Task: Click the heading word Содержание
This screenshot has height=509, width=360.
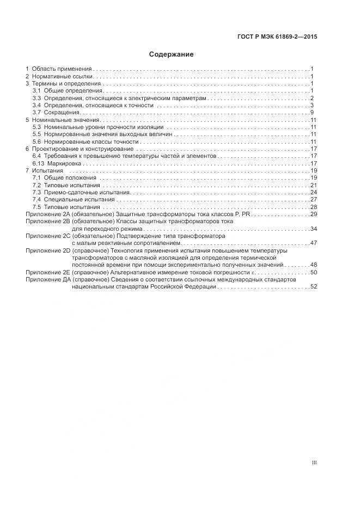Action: coord(172,54)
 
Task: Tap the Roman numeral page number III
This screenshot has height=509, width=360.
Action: coord(314,462)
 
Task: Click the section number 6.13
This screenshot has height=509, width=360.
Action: coord(38,163)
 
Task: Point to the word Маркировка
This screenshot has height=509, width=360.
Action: coord(64,163)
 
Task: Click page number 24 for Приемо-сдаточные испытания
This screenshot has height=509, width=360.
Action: coord(314,192)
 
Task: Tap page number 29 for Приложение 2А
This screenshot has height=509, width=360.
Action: coord(314,214)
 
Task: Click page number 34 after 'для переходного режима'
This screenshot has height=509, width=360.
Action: coord(314,229)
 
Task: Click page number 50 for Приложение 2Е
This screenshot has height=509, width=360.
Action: coord(314,272)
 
